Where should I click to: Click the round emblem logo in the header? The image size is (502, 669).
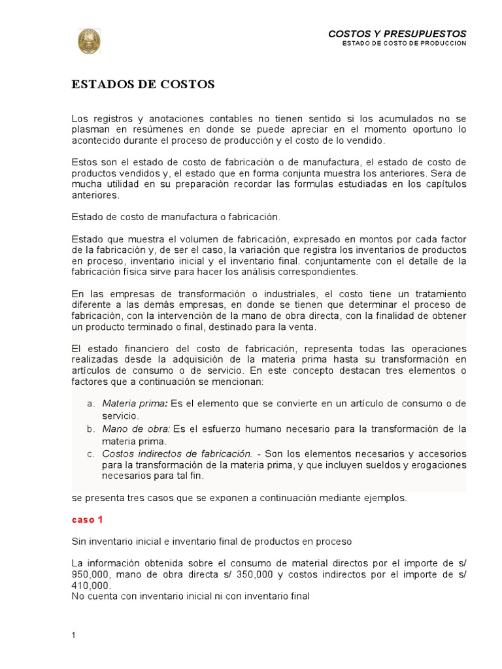tap(90, 41)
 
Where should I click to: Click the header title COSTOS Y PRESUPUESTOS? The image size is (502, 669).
tap(397, 33)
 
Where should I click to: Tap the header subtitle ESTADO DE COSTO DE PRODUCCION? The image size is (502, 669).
tap(404, 44)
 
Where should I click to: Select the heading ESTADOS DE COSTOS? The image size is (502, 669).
tap(143, 84)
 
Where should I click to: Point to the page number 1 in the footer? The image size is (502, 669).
tap(75, 635)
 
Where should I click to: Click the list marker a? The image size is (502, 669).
tap(92, 404)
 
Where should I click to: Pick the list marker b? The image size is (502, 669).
tap(92, 429)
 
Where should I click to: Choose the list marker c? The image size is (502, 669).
tap(92, 453)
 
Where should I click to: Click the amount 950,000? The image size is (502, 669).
tap(89, 574)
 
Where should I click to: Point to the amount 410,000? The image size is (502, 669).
tap(89, 586)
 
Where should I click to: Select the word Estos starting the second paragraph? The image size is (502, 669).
tap(83, 161)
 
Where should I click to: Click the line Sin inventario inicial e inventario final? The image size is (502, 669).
tap(211, 542)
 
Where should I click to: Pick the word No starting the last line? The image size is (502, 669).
tap(78, 596)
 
